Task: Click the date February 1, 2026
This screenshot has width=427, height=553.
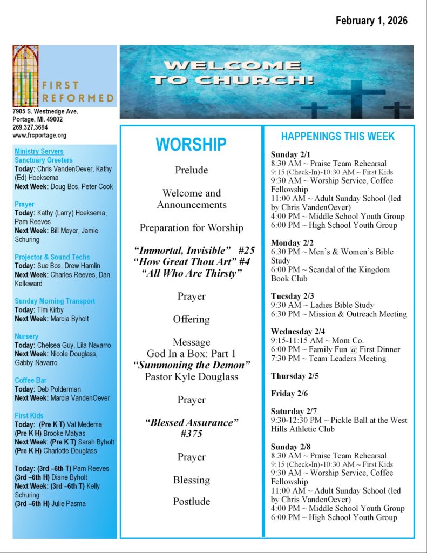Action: (371, 21)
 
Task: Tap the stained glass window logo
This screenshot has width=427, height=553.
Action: (25, 76)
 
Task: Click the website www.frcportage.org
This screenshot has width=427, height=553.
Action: (40, 136)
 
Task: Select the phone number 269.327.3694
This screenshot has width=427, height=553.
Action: (30, 127)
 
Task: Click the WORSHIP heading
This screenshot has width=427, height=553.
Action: (191, 145)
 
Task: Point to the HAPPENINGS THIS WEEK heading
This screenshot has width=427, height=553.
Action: (338, 137)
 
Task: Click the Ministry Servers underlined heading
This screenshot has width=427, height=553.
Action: (39, 152)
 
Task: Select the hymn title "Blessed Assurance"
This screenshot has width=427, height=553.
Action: (191, 422)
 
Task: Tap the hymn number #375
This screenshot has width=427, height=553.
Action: (191, 434)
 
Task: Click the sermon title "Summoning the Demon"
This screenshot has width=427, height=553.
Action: (191, 365)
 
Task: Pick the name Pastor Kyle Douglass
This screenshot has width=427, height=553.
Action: (191, 376)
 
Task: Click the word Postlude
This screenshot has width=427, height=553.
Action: (191, 502)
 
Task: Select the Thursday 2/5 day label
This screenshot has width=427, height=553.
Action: (295, 376)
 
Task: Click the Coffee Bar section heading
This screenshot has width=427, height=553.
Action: (31, 380)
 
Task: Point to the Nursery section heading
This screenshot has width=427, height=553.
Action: (26, 336)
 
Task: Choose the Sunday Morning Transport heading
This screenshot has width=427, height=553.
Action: (55, 301)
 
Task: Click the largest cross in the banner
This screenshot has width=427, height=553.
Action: (356, 97)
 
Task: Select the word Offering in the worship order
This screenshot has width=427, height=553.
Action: (191, 319)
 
